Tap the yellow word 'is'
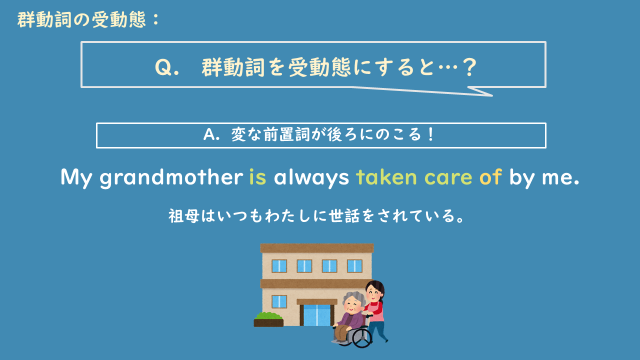pos(259,179)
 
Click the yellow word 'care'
pos(450,179)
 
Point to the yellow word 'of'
pos(491,179)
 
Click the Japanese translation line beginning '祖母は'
pos(320,215)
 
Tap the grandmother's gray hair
pos(349,297)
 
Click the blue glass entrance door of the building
pos(317,314)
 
